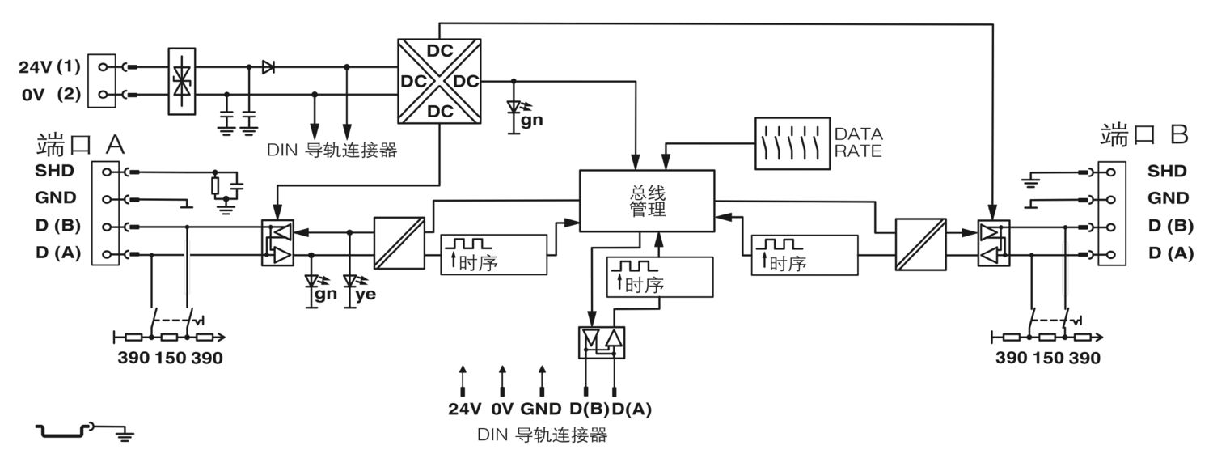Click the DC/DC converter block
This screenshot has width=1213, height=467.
coord(439,81)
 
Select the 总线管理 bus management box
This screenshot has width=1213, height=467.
coord(647,201)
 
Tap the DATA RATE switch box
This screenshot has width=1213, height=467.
coord(792,143)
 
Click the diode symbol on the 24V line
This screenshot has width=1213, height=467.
coord(268,67)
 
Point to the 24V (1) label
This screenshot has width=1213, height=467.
coord(50,67)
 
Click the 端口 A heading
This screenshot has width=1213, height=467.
coord(81,145)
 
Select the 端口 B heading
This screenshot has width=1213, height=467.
coord(1143,134)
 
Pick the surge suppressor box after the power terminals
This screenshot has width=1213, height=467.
coord(182,81)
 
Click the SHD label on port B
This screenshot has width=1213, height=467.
coord(1167,172)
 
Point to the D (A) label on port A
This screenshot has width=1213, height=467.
coord(58,253)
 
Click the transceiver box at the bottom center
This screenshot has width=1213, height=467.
coord(602,342)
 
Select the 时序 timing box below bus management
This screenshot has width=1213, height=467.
coord(660,277)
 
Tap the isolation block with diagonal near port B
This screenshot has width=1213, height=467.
coord(920,244)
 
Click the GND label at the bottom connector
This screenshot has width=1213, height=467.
coord(540,409)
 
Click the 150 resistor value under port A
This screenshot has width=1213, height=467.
coord(170,358)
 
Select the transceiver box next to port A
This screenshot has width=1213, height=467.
coord(278,243)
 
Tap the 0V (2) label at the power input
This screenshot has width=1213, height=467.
coord(51,94)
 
